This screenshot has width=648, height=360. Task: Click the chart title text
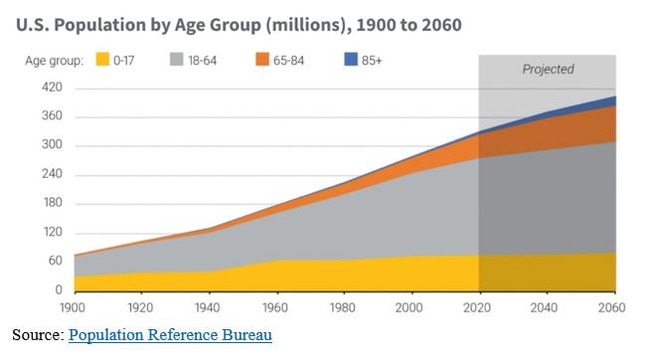[x=239, y=25]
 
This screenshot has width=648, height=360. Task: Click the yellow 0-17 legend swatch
[x=102, y=59]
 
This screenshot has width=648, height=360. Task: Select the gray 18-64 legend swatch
[x=177, y=59]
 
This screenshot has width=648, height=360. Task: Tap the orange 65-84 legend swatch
[x=262, y=59]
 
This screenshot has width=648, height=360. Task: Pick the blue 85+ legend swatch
[x=351, y=59]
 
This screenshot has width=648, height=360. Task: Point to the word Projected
[x=548, y=69]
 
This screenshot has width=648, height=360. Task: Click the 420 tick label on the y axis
[x=52, y=88]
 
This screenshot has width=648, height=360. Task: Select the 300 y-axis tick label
[x=52, y=144]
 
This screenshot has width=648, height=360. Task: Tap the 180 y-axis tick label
[x=52, y=203]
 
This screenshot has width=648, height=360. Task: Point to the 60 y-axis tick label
[x=55, y=261]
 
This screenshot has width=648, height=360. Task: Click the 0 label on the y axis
[x=59, y=289]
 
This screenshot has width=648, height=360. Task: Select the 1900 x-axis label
[x=73, y=308]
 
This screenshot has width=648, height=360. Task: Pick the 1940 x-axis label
[x=208, y=308]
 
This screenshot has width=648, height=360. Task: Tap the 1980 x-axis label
[x=343, y=308]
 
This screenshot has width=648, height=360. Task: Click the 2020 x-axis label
[x=477, y=308]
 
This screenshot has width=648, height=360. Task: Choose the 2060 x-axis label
[x=612, y=308]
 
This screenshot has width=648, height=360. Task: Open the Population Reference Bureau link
[x=170, y=335]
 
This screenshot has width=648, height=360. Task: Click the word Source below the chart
[x=38, y=335]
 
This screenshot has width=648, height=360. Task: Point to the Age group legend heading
[x=54, y=61]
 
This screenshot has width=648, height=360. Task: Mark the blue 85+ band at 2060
[x=613, y=101]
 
